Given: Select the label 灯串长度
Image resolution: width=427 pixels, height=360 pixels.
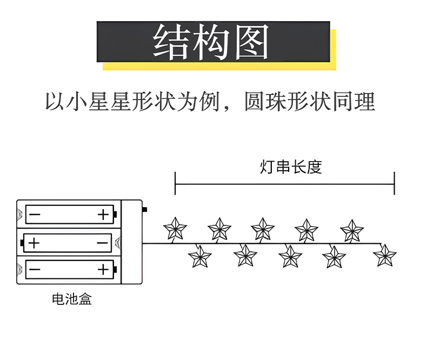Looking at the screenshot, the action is coord(291,167).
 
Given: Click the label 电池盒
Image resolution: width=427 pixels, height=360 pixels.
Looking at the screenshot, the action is coord(71,299).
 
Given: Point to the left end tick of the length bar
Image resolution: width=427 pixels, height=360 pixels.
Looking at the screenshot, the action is coord(175,184).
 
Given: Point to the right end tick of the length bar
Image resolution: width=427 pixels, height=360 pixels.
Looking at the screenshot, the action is coord(395,184).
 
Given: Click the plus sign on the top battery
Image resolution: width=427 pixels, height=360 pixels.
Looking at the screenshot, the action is coord(103,215).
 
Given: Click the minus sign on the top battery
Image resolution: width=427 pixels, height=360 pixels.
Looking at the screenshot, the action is coord(34,215).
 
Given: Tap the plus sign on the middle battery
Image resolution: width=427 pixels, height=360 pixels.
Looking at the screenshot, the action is coord(34,243).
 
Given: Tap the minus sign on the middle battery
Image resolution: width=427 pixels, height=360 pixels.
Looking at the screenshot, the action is coord(102,243).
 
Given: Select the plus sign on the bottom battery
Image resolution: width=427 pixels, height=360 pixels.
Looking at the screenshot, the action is coord(103,269).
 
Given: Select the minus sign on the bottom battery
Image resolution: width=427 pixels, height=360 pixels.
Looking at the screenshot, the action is coord(34,269).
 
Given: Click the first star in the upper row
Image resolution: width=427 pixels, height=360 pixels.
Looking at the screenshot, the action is coord(175,229).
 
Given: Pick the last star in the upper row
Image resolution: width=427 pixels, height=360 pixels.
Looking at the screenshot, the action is coord(352,230).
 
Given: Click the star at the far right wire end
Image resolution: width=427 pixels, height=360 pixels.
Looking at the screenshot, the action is coord(385,256).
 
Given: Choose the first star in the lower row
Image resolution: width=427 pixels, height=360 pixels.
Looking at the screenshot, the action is coord(199,256).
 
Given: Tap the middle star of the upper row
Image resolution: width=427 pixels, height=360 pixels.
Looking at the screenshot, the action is coord(263,229).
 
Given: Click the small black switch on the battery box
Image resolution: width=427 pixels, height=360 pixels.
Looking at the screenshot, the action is coord(145,209).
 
